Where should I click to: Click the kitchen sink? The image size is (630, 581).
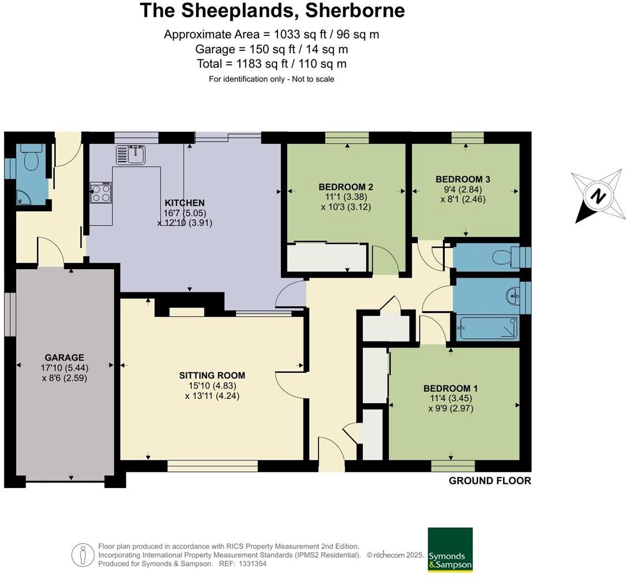click(131, 155)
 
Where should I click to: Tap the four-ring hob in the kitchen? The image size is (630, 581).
click(101, 192)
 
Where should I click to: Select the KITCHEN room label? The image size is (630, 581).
click(185, 203)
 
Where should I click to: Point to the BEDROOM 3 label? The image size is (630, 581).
click(463, 179)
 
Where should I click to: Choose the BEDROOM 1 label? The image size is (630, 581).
click(450, 389)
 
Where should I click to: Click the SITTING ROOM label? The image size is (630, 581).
click(212, 376)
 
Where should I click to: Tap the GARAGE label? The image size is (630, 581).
click(64, 358)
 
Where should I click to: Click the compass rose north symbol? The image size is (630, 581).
click(597, 196)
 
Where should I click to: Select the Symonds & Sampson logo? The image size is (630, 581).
click(450, 549)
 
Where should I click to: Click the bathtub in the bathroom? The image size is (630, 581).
click(488, 328)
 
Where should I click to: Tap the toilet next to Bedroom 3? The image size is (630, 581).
click(503, 258)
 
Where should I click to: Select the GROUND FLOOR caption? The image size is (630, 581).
click(490, 481)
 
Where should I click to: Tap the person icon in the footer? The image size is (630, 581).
click(83, 555)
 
